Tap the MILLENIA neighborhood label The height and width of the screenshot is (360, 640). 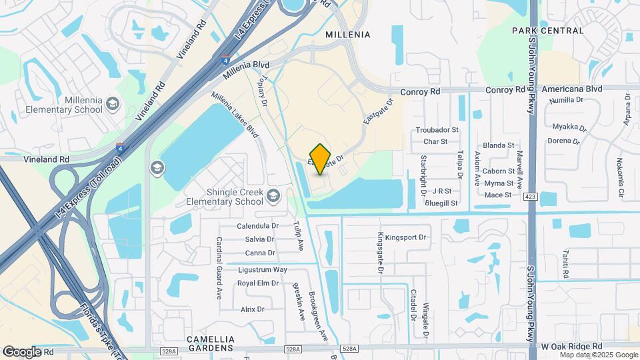[347, 34]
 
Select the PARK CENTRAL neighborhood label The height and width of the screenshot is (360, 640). [548, 31]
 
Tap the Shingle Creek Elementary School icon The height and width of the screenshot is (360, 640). [273, 196]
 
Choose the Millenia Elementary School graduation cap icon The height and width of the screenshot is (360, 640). [113, 103]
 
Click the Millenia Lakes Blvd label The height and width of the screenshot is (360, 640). [235, 115]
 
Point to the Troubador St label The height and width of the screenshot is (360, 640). [437, 130]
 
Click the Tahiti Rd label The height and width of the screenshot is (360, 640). [565, 264]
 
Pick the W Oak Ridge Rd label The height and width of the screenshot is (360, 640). [571, 347]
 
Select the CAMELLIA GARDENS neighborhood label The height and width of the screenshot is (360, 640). [210, 339]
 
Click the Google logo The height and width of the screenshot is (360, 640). [21, 351]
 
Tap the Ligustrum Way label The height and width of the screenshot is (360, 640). [262, 269]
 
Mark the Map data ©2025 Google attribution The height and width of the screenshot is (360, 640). [599, 355]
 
